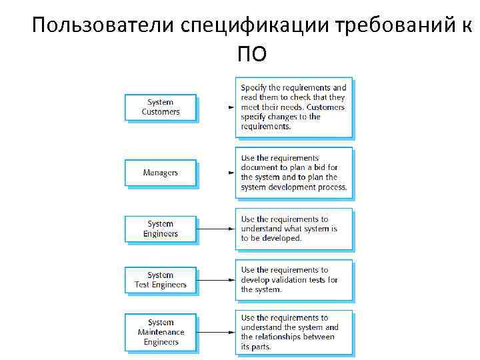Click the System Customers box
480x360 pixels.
(161, 107)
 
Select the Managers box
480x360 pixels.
(161, 173)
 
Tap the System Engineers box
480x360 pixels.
(161, 229)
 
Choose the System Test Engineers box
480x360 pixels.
(161, 280)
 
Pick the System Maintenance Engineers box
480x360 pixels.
(161, 332)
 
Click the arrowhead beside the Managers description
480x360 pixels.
(231, 173)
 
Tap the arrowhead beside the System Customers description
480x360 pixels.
(231, 107)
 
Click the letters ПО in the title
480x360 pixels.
(251, 53)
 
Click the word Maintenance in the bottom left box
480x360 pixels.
(161, 332)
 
